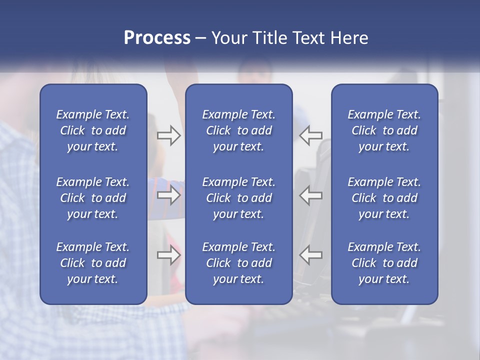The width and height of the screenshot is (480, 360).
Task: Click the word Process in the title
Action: pos(157,38)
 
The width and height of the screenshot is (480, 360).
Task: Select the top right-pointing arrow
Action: pos(168,135)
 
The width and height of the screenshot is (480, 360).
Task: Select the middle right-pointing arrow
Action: pos(168,195)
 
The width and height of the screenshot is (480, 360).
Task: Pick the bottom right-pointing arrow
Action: pos(168,255)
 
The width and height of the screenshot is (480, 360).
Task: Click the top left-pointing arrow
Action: pos(311,135)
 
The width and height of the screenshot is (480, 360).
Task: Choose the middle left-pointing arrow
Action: pos(311,195)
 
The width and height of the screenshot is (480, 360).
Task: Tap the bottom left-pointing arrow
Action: pos(311,255)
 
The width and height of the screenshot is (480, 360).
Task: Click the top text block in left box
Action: pos(93,130)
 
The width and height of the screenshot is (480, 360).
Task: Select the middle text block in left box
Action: pos(93,198)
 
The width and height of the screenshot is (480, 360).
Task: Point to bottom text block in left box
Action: pos(93,263)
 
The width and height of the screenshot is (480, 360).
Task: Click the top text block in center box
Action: pos(239,130)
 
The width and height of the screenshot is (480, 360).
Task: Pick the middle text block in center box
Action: pos(239,198)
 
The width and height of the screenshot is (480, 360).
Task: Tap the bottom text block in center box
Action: pos(239,263)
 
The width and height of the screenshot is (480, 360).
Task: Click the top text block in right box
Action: pos(384,130)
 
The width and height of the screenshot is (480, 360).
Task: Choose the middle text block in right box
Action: pos(384,198)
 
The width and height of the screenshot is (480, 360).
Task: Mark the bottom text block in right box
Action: pos(384,263)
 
